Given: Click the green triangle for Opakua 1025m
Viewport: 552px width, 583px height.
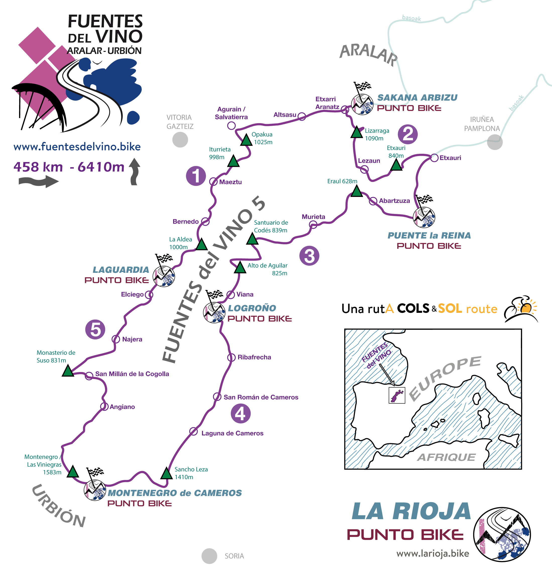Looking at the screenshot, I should coord(246,140).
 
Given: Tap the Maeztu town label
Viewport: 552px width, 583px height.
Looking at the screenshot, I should coord(230,182).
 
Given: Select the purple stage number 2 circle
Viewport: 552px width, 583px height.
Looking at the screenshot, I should coord(407,134).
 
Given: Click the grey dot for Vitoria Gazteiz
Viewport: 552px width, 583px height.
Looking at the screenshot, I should coord(180,139).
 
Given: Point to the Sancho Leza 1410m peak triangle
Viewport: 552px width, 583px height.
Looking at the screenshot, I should coord(167,473).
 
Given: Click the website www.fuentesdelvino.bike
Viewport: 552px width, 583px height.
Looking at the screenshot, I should coord(77,147).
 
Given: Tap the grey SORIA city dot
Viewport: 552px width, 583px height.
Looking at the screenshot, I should coord(209,556).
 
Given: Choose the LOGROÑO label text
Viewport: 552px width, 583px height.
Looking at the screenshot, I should coord(252,308).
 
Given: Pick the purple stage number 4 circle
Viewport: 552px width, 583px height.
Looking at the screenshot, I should coord(240,414).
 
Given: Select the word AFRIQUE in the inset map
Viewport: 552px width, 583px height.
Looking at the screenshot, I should coord(446,457).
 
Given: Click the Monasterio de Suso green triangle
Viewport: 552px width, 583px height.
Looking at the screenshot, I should coord(68,371).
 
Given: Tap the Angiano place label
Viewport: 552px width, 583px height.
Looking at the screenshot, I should coord(122,407).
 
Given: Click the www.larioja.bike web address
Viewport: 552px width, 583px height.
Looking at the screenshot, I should coord(433,553).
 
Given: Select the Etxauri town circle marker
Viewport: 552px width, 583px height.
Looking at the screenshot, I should coord(434,158).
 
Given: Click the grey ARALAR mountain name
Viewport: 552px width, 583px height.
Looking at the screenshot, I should coord(368,55).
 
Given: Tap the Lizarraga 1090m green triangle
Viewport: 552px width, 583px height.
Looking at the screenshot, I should coord(357,132).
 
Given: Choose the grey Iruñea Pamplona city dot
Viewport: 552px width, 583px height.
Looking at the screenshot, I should coord(495,142).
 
